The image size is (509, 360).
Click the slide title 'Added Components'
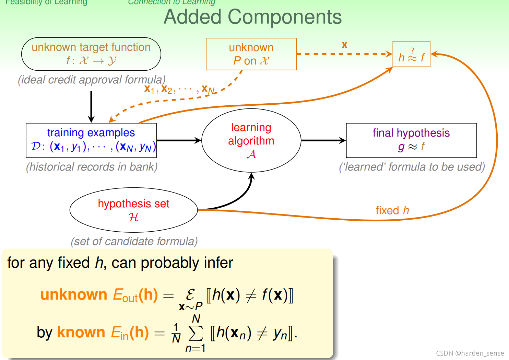253,17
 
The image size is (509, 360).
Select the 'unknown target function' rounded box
91,54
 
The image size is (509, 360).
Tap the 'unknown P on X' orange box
251,54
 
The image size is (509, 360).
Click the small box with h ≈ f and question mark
411,54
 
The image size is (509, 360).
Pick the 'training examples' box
91,140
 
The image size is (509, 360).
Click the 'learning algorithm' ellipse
251,140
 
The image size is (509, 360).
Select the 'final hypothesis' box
411,140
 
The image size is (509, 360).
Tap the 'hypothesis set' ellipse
133,210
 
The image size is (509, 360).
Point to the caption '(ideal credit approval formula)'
92,80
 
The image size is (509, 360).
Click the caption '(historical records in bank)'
92,167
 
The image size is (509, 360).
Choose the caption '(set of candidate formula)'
134,241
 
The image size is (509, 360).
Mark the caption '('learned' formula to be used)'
412,167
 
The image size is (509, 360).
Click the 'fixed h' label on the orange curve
392,210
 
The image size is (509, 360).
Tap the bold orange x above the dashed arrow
344,45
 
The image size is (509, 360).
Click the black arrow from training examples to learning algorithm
179,140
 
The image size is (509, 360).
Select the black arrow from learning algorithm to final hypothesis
323,140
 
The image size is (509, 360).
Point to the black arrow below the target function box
91,106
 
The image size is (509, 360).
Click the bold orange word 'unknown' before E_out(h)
74,295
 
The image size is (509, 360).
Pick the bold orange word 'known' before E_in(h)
81,332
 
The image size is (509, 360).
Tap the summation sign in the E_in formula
196,333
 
